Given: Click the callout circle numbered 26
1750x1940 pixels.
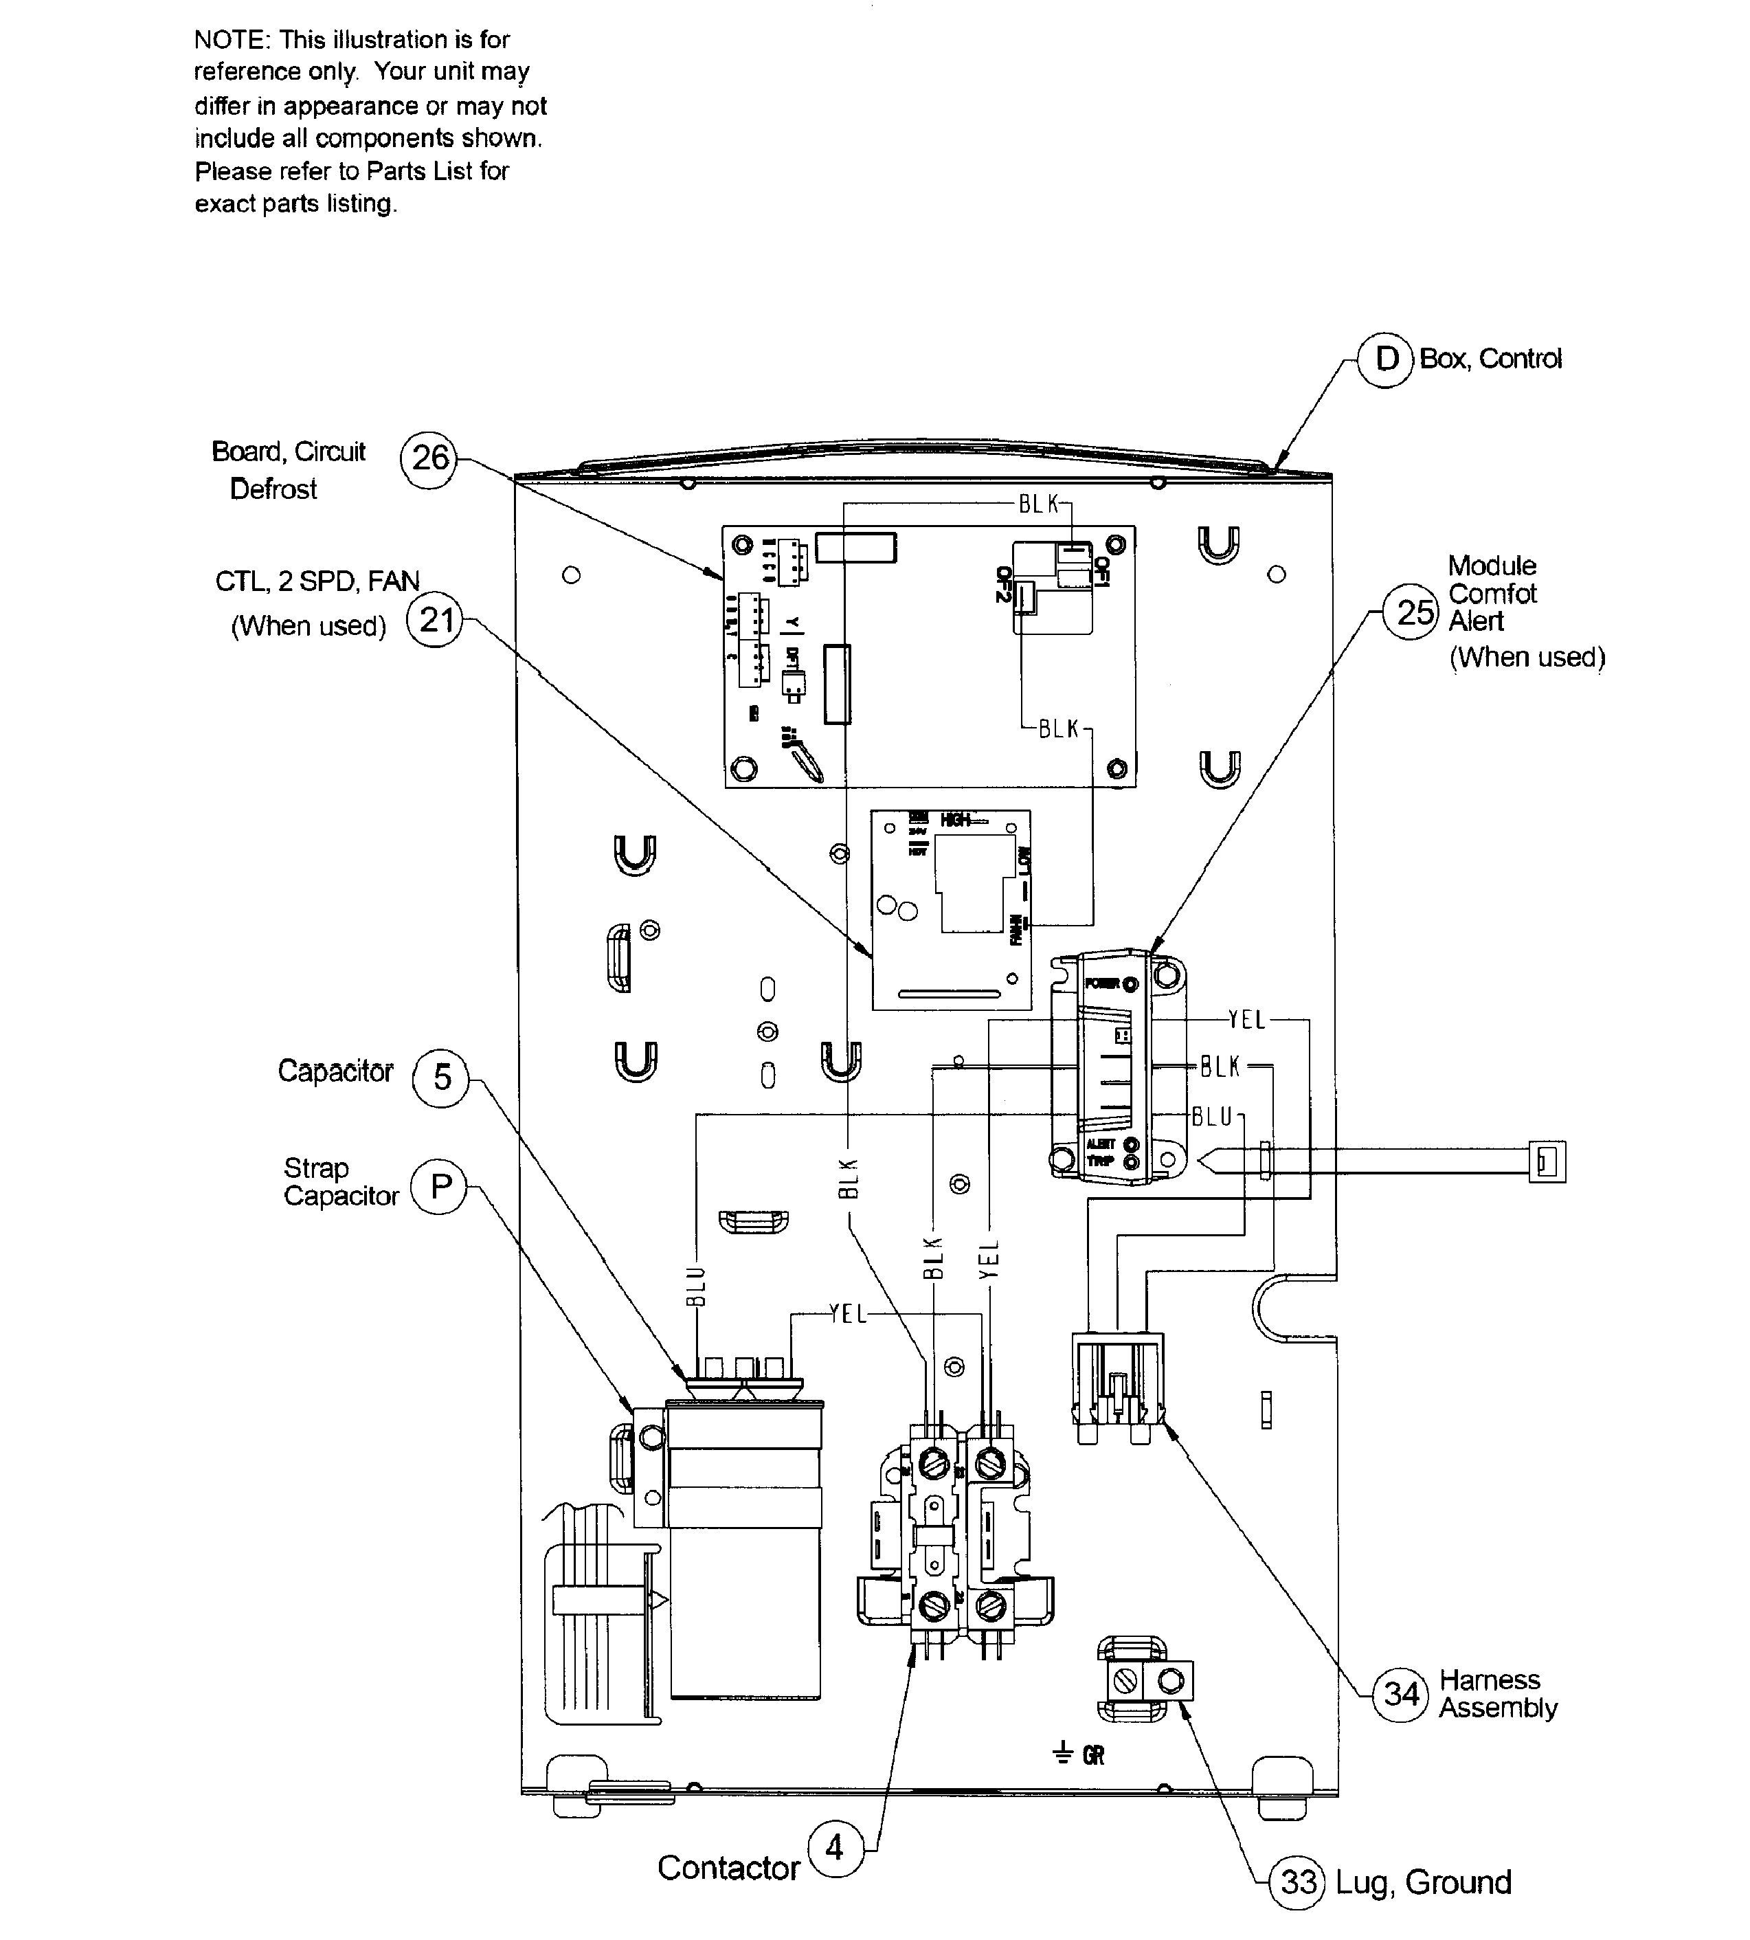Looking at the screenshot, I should pos(429,460).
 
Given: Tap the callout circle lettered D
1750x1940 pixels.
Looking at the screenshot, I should pos(1386,359).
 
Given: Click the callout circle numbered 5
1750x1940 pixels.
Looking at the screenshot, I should pos(441,1078).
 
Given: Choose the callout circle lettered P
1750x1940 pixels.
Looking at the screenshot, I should pos(440,1187).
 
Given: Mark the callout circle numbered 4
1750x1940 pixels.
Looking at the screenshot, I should pos(835,1848).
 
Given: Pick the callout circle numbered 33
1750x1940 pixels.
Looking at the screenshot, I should pos(1298,1882).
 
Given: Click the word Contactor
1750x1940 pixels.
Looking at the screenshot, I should pos(728,1868).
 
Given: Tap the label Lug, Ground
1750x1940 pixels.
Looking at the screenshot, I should pos(1423,1882).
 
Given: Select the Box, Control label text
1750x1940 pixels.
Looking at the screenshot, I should pos(1490,359).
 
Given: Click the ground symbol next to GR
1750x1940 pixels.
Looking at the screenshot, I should pos(1062,1755).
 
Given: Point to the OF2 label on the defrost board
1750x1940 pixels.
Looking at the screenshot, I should pos(1004,584).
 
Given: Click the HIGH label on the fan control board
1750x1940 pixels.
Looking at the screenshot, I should pos(956,819).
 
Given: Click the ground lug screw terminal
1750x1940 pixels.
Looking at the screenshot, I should pos(1126,1682).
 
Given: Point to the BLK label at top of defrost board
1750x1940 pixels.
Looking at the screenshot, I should pos(1038,504).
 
